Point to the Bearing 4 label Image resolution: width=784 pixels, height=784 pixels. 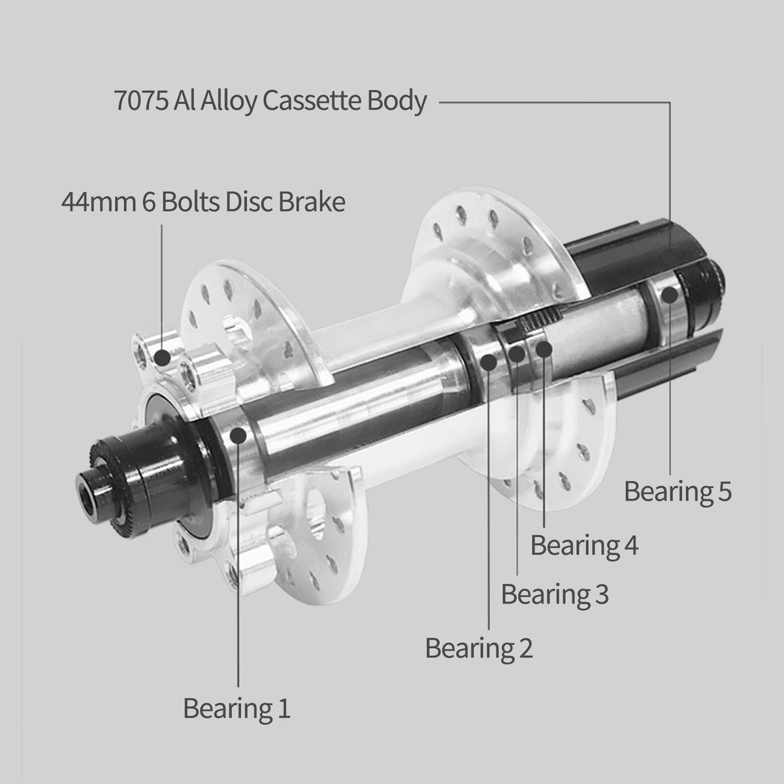(584, 545)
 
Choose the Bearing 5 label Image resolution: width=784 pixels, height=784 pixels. (678, 491)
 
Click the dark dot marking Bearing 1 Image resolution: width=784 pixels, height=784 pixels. (238, 435)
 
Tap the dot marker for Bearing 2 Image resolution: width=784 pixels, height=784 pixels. (489, 362)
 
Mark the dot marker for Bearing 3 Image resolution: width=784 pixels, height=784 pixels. (517, 353)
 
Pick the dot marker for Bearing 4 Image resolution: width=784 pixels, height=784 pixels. (544, 349)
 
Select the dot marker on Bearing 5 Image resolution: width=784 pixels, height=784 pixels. (670, 295)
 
